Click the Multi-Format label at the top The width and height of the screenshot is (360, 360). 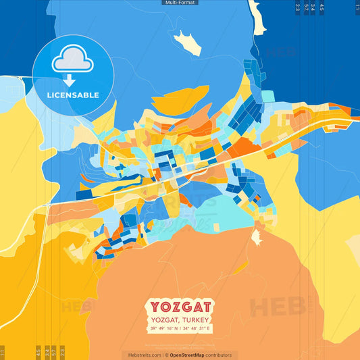pos(180,3)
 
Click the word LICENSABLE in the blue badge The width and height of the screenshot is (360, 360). pos(73,95)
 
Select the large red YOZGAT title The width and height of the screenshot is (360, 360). pos(180,306)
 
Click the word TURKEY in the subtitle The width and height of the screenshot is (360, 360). pos(196,319)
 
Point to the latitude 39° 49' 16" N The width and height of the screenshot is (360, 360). pos(165,328)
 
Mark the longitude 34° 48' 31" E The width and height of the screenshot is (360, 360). pos(197,328)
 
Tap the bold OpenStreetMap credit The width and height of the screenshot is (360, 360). pos(192,355)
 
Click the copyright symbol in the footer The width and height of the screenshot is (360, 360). pos(166,355)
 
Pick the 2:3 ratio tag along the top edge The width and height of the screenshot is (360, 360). pos(298,7)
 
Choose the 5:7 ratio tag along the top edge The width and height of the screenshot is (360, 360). pos(306,7)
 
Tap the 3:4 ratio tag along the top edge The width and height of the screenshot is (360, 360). pos(313,7)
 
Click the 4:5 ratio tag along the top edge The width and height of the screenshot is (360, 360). pos(322,7)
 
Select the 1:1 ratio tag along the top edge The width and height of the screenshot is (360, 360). pos(357,7)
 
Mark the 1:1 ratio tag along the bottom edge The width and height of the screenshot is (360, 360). pos(3,352)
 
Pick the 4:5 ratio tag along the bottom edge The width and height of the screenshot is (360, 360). pos(38,352)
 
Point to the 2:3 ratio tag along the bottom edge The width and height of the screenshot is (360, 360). pos(61,352)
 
